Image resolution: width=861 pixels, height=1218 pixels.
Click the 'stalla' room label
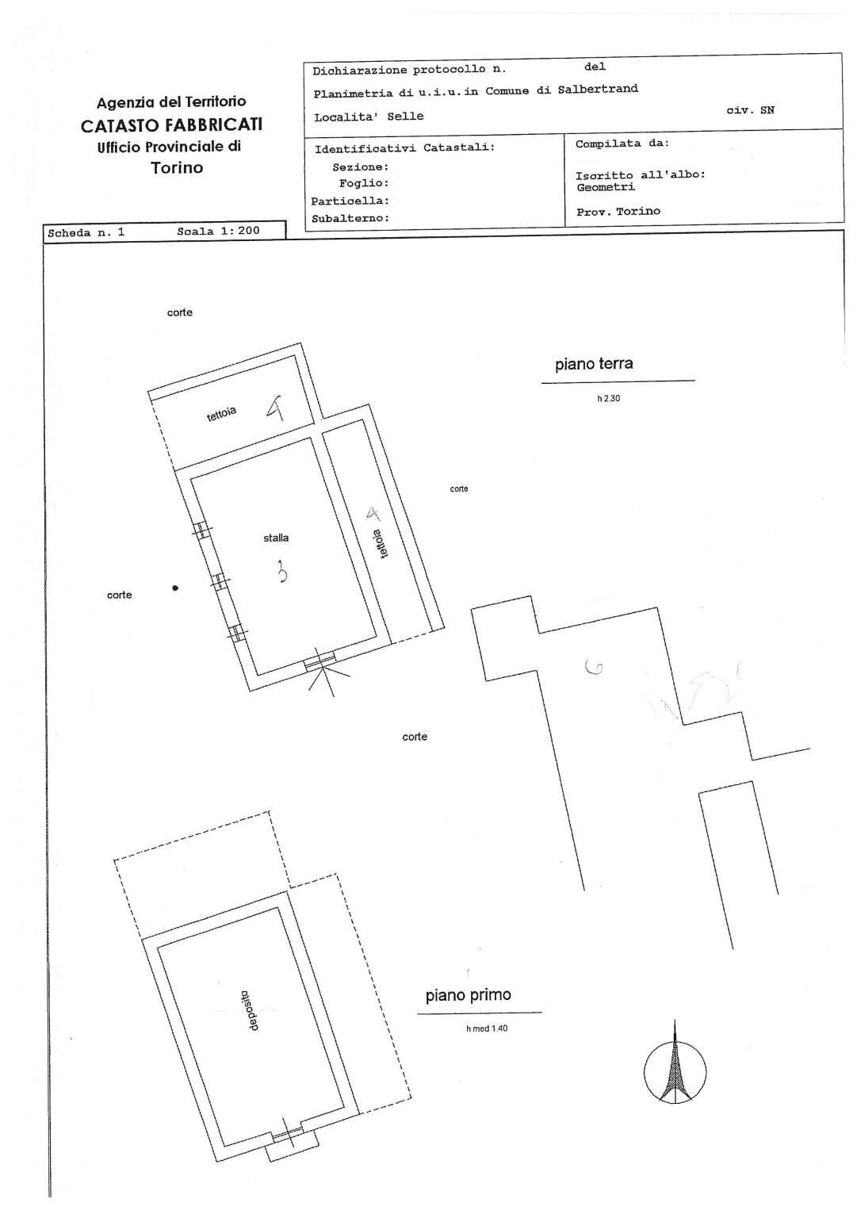(x=276, y=538)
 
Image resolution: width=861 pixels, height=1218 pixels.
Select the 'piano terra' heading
(x=594, y=364)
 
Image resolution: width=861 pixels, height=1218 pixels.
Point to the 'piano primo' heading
(x=468, y=995)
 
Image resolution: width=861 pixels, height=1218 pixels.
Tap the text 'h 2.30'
(x=609, y=399)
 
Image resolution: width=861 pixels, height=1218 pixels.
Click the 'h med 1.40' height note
(x=487, y=1028)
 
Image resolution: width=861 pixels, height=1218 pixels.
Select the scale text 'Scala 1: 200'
(x=219, y=232)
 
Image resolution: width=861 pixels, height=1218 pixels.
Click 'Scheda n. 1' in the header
(x=86, y=233)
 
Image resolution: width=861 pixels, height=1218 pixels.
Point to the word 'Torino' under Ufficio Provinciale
(x=177, y=168)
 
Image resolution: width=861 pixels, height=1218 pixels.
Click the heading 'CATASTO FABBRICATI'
(x=171, y=124)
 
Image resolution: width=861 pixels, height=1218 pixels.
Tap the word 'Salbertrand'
(x=598, y=89)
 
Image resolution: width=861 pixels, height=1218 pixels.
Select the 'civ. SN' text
(x=750, y=110)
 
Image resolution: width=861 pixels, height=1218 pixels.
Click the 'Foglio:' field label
(x=364, y=184)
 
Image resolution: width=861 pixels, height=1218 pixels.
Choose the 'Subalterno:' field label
(x=350, y=218)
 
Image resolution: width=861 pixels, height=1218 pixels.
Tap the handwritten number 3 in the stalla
(x=282, y=571)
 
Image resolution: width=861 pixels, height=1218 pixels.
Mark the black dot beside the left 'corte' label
(x=175, y=588)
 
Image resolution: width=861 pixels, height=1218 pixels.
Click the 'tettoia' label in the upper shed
(x=222, y=414)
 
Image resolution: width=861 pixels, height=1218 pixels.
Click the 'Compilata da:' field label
(x=622, y=144)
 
